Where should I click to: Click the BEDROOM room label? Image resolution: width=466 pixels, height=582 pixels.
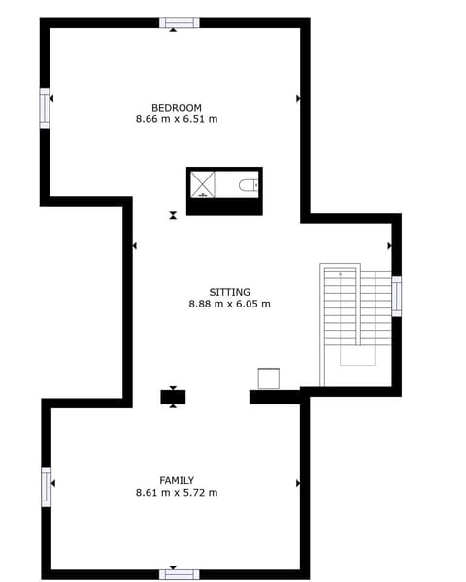click(x=176, y=107)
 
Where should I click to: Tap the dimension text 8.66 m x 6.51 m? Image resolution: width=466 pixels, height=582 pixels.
click(x=176, y=119)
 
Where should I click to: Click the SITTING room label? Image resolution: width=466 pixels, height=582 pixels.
click(x=229, y=292)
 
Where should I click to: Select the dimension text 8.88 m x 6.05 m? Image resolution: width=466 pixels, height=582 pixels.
click(x=229, y=304)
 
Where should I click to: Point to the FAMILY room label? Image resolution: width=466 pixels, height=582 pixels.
click(x=177, y=480)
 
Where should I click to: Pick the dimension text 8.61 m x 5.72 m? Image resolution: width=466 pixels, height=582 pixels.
click(x=177, y=493)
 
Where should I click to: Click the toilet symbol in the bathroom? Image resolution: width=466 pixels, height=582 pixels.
click(x=249, y=184)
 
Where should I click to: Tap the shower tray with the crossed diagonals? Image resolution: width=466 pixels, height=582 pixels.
click(x=202, y=183)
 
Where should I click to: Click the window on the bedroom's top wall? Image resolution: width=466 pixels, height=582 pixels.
click(x=179, y=22)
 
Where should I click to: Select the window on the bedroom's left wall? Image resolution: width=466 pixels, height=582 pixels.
click(x=45, y=108)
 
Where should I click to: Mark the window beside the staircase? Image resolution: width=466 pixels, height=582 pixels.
click(x=396, y=296)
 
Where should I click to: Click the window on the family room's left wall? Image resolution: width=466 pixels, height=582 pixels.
click(x=46, y=486)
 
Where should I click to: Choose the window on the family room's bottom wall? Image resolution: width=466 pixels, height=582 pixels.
click(x=179, y=574)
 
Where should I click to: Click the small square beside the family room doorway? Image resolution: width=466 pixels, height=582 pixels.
click(x=268, y=377)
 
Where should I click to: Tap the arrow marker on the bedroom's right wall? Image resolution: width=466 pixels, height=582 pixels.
click(x=298, y=98)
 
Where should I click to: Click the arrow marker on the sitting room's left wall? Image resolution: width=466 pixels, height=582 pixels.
click(x=134, y=246)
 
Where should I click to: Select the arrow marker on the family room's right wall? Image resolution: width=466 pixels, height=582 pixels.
click(x=298, y=482)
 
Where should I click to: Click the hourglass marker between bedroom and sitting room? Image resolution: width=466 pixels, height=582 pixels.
click(x=173, y=215)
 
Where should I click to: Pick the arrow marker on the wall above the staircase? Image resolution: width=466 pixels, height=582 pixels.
click(x=390, y=246)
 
